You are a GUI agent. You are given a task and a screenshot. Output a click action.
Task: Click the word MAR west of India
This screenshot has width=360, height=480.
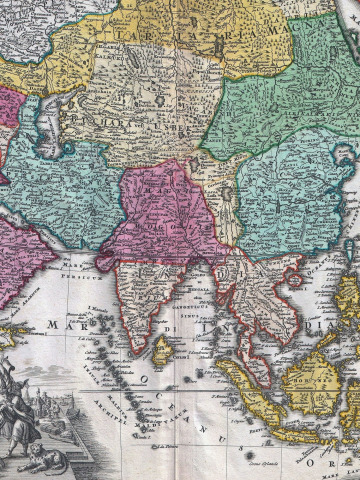56,323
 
